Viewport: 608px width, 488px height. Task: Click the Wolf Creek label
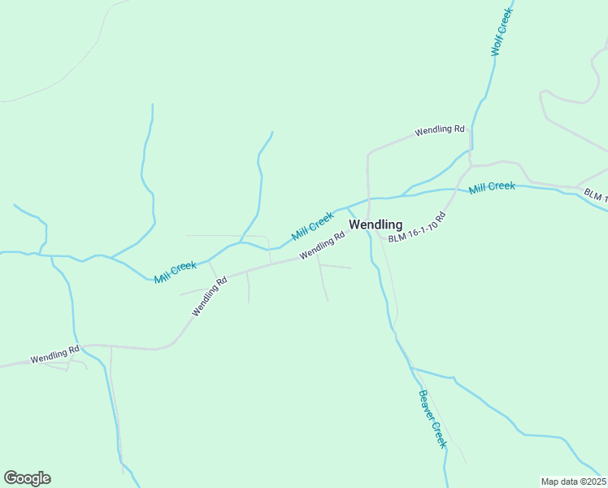click(x=502, y=33)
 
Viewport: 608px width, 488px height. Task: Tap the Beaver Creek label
click(x=432, y=419)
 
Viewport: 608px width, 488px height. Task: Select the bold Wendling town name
click(x=376, y=224)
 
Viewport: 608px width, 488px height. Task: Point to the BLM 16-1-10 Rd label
click(x=417, y=228)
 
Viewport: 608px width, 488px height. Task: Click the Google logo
click(x=27, y=478)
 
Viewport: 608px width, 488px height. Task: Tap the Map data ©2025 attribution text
click(x=574, y=481)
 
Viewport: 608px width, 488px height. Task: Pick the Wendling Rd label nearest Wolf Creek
click(x=439, y=129)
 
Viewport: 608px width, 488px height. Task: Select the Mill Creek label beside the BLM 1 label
click(x=492, y=187)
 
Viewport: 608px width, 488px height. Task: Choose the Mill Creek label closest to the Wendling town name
click(x=313, y=225)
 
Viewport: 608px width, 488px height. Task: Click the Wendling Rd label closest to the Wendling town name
click(x=322, y=245)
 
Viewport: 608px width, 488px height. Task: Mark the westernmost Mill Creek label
click(x=176, y=271)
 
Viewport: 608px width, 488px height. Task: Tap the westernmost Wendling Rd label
click(x=54, y=355)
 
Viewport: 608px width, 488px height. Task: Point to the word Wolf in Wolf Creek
click(x=497, y=46)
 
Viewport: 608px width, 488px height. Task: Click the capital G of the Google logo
click(x=11, y=478)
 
